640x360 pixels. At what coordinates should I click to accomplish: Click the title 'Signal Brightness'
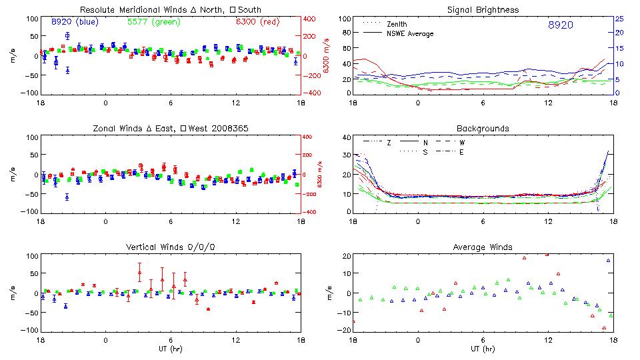pos(482,10)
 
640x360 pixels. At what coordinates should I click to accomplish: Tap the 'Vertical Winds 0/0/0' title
pos(171,247)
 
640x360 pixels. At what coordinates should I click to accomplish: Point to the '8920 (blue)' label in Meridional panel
pos(75,21)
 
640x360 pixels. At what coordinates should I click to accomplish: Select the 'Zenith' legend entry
pos(397,24)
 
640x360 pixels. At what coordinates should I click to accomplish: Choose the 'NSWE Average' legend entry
pos(410,33)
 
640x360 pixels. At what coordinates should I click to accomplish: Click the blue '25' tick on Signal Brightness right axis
pos(619,19)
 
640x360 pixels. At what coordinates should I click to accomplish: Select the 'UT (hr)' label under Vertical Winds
pos(171,349)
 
